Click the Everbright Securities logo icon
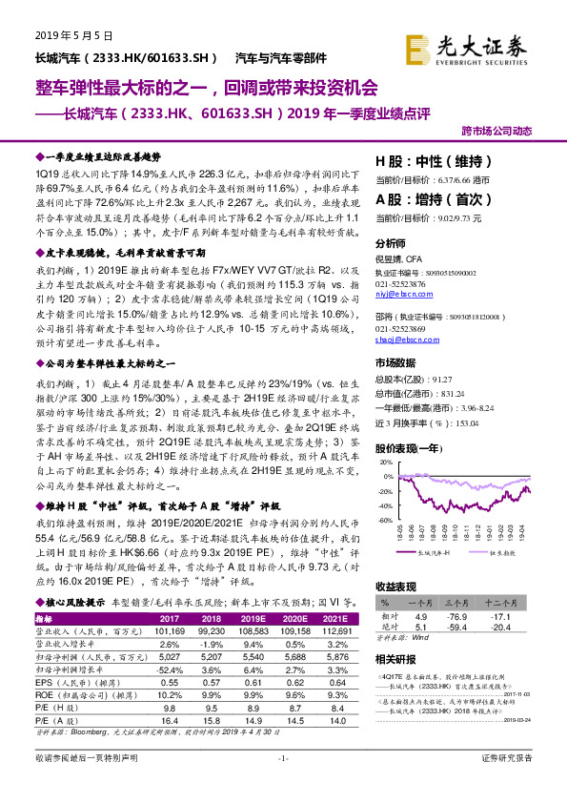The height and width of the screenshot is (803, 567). [420, 47]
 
